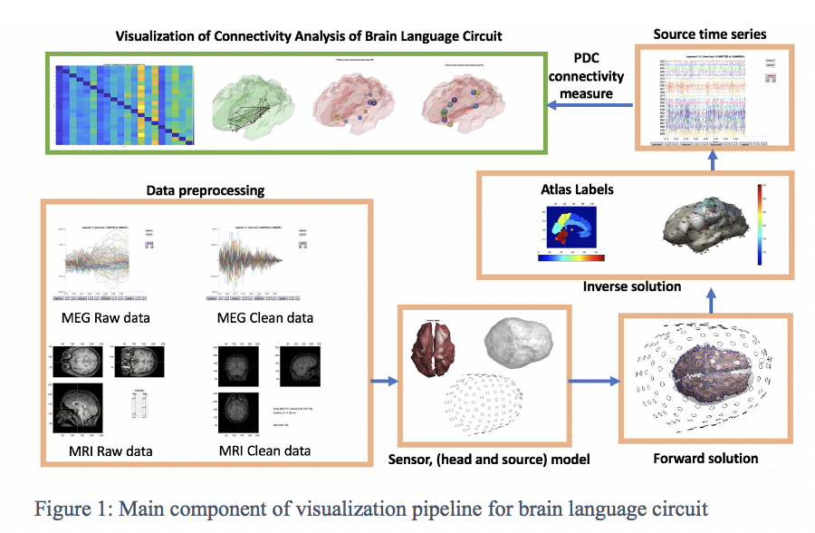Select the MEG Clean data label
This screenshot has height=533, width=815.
[x=264, y=317]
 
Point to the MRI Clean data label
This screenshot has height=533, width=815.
[x=264, y=450]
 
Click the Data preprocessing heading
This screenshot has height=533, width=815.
[x=205, y=191]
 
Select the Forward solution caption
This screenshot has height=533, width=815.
[x=705, y=458]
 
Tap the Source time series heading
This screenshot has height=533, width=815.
[x=710, y=34]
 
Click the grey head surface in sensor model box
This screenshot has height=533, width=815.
[x=518, y=342]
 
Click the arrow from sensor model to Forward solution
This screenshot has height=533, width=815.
[x=593, y=381]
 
